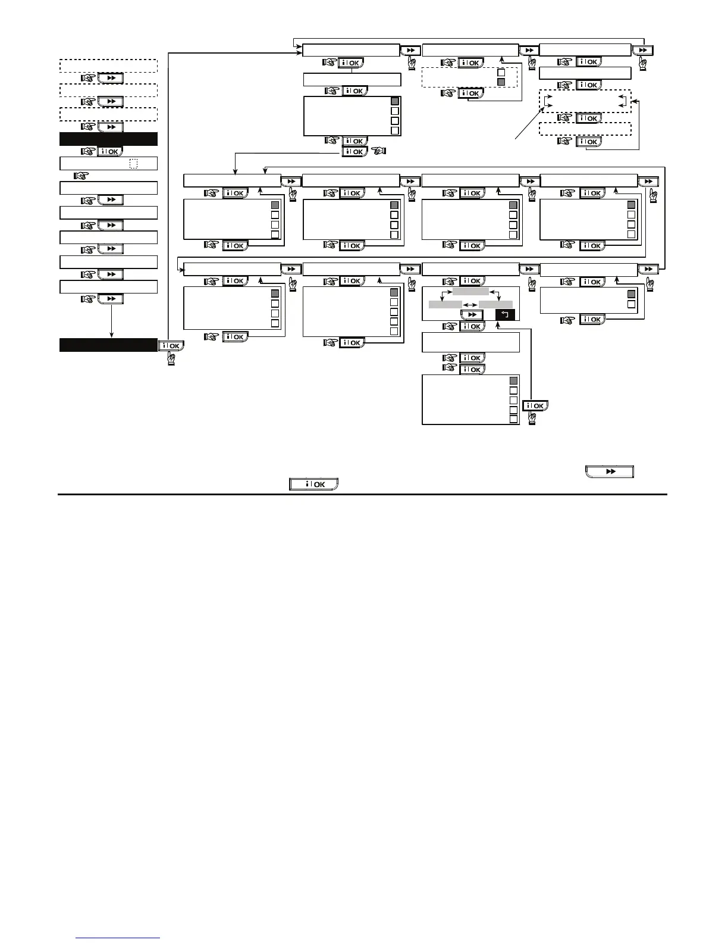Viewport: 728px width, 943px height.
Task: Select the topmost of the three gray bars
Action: coord(470,291)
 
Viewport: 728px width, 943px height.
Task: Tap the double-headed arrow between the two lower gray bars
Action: coord(470,305)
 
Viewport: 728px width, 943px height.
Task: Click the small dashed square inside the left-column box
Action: coord(133,164)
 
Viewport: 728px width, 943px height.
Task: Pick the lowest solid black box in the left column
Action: coord(108,345)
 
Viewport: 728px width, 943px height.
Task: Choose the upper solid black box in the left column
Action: coord(108,139)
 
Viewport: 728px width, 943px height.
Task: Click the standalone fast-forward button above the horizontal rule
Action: coord(610,472)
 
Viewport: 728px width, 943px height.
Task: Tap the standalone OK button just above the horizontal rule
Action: coord(313,484)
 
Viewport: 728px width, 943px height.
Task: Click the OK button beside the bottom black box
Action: coord(171,345)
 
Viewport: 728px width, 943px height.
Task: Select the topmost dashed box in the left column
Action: coord(108,65)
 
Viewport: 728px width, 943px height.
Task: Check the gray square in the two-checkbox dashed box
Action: coord(501,82)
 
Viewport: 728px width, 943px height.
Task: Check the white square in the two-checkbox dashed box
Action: coord(501,71)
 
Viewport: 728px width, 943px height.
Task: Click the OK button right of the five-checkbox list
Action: coord(535,405)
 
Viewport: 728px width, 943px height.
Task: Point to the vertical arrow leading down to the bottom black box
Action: coord(111,321)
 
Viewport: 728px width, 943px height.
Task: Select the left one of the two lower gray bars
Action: coord(445,305)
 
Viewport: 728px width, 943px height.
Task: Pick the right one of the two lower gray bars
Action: coord(495,305)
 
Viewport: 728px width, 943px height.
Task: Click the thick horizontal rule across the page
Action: coord(362,494)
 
